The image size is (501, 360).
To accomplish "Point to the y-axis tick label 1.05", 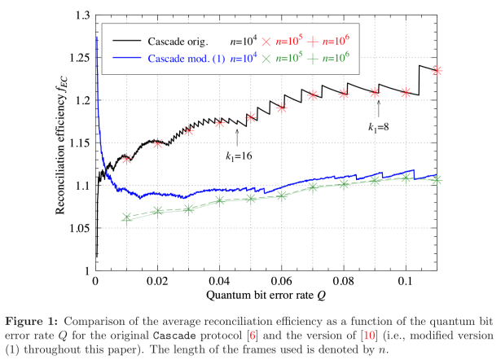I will click(81, 227).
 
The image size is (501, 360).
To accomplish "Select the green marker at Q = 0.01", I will click(127, 217).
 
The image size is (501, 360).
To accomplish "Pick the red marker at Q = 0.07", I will click(313, 95).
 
